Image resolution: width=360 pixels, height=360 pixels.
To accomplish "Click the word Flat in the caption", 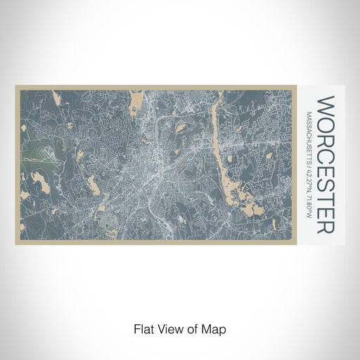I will [142, 328].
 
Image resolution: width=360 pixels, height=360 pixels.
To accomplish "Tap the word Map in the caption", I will [215, 328].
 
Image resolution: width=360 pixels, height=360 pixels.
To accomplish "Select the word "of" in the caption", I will [192, 328].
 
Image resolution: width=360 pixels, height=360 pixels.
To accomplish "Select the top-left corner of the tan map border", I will [16, 86].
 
